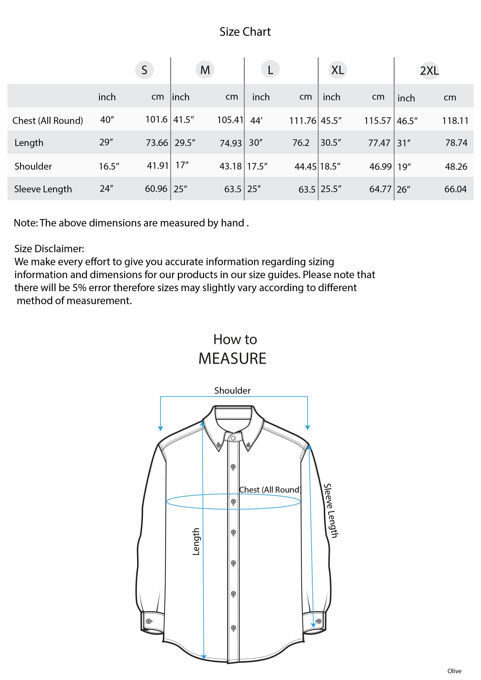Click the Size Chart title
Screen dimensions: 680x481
[245, 32]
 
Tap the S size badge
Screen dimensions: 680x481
[144, 70]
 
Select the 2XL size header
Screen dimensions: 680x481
[429, 71]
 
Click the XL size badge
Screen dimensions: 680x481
[337, 70]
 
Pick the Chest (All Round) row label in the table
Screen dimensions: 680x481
[47, 121]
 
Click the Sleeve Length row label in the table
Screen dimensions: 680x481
[43, 189]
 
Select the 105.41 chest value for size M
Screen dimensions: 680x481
[230, 120]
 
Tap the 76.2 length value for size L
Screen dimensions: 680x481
[301, 143]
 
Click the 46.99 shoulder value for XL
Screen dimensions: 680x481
[380, 167]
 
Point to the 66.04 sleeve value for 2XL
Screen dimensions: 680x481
[455, 189]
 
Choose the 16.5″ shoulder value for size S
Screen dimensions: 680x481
[109, 167]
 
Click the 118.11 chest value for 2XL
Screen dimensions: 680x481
[455, 121]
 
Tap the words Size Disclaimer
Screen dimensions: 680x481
[49, 248]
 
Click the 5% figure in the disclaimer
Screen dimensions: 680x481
[79, 288]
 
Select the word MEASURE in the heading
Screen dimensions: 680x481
[232, 358]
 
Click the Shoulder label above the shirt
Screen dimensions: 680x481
[232, 390]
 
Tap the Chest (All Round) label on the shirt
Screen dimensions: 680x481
[270, 490]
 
